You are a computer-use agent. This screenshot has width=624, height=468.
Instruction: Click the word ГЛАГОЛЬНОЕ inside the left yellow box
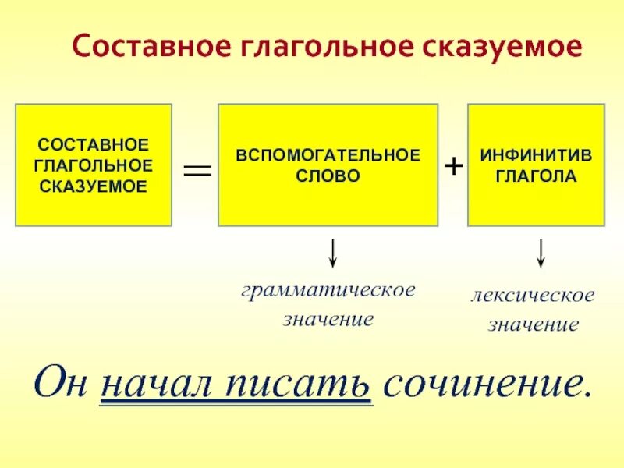(x=94, y=165)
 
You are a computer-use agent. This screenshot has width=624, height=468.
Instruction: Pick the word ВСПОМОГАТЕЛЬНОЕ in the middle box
(x=328, y=155)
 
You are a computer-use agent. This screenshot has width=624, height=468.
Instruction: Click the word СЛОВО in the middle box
(x=328, y=175)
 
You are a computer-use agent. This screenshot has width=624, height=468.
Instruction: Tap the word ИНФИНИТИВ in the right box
(x=536, y=155)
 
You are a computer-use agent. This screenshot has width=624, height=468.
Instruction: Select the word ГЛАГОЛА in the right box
(x=536, y=175)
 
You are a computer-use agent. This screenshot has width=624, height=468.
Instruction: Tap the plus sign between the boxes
(x=453, y=166)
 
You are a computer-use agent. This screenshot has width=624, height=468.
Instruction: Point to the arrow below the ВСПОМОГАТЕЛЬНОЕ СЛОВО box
(x=333, y=253)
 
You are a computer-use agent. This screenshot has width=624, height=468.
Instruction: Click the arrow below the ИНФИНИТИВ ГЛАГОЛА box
(x=540, y=253)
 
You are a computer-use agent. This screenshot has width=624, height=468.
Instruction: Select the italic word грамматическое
(x=328, y=290)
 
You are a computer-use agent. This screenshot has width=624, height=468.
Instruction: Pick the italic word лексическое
(x=533, y=296)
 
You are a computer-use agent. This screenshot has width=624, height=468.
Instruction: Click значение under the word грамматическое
(x=328, y=319)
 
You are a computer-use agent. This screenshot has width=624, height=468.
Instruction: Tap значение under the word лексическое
(x=533, y=324)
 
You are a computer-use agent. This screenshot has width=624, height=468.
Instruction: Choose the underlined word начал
(x=157, y=381)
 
